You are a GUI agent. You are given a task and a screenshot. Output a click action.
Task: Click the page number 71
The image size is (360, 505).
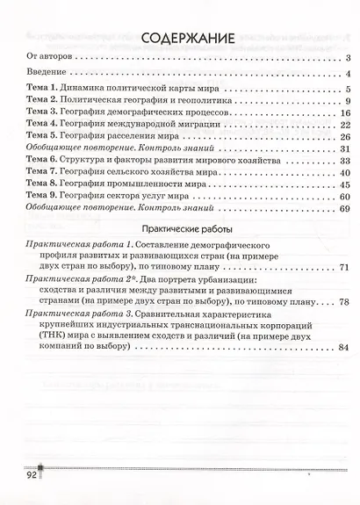[344, 266]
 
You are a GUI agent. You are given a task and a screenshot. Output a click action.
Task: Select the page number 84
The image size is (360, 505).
[344, 348]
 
